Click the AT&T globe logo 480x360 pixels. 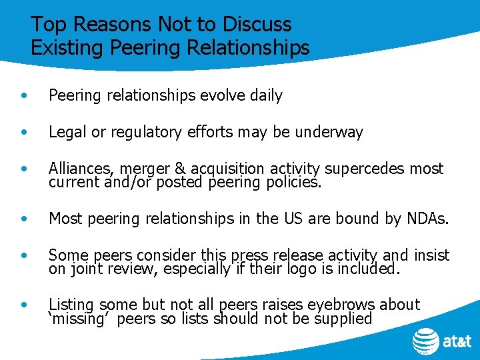[425, 342]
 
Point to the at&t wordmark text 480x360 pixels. [457, 342]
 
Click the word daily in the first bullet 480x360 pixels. [266, 96]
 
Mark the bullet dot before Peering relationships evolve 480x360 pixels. [25, 96]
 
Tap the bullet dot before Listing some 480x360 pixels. [25, 305]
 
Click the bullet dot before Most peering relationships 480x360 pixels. [25, 218]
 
